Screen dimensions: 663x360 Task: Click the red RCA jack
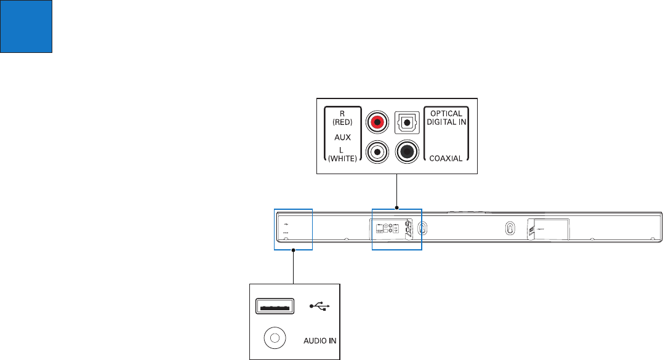[x=377, y=122]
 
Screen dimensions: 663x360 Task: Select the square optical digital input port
[x=406, y=122]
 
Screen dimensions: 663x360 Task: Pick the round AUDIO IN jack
[x=274, y=338]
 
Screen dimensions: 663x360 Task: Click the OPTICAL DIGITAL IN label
[x=445, y=118]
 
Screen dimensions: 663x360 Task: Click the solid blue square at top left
[x=26, y=26]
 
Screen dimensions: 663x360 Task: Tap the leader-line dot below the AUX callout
[x=397, y=207]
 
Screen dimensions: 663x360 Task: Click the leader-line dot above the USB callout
[x=294, y=250]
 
